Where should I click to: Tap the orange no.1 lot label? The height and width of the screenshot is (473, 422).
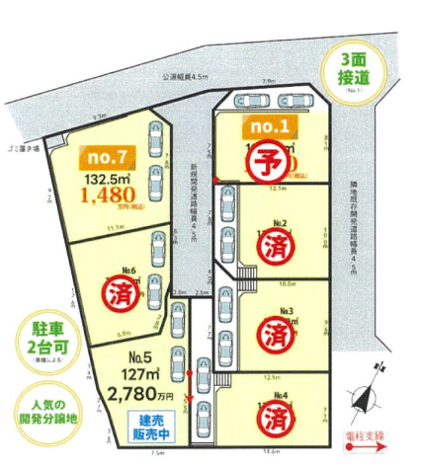pos(269,126)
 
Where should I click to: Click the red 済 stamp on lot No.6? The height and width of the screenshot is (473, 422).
pos(123,295)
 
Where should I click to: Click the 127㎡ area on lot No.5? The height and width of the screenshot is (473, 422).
pos(139,374)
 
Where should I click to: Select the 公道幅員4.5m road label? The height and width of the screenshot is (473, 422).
pos(187,75)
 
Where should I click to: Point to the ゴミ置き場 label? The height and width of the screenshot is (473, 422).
pos(22,148)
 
